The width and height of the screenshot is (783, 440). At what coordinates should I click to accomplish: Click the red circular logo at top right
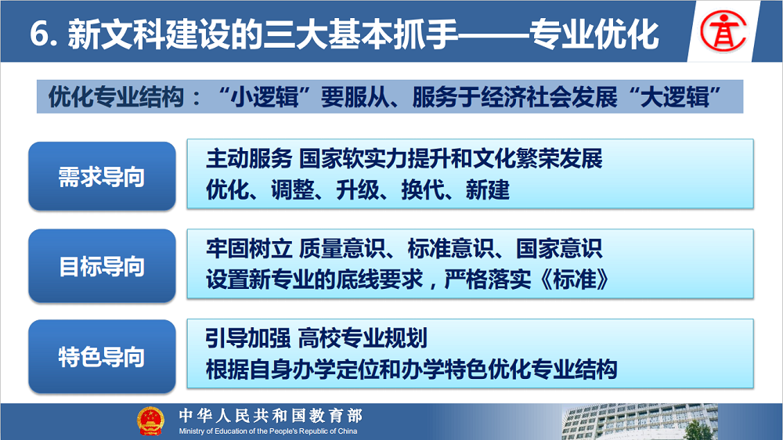[x=723, y=31]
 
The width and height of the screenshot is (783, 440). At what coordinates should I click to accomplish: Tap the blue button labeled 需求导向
[x=102, y=176]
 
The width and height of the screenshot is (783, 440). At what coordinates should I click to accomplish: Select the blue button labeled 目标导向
[x=102, y=265]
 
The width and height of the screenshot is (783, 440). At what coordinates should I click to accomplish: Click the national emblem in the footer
[x=150, y=421]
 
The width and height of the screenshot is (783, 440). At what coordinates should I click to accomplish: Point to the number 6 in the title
[x=38, y=34]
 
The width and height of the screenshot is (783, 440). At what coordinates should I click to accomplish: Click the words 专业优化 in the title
[x=594, y=34]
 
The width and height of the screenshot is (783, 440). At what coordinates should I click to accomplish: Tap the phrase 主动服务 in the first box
[x=249, y=159]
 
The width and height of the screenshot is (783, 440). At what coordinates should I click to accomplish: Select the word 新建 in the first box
[x=487, y=189]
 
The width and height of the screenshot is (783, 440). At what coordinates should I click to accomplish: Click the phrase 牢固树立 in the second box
[x=249, y=249]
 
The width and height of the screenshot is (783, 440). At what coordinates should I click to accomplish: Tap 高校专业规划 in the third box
[x=363, y=338]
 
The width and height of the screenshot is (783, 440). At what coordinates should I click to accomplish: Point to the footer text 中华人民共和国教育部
[x=271, y=416]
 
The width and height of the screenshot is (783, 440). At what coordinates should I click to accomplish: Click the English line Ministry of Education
[x=268, y=431]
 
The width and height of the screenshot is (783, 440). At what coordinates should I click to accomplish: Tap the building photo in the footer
[x=640, y=422]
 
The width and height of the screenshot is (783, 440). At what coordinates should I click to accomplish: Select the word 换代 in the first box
[x=423, y=189]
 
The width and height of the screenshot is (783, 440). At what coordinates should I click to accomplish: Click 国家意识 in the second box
[x=559, y=249]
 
